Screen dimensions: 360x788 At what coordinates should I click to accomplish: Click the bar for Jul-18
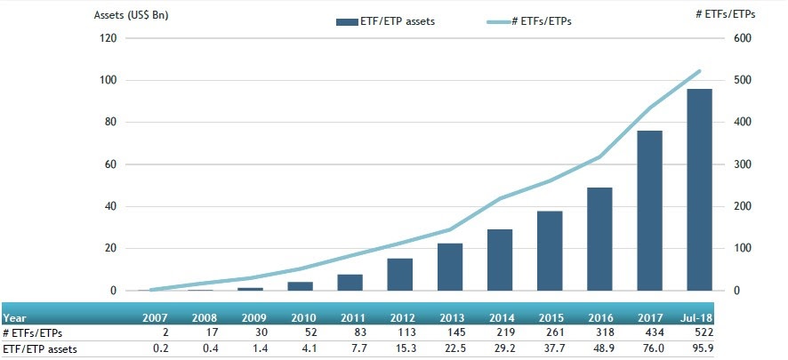click(x=699, y=190)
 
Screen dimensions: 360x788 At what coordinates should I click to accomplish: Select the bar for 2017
click(x=649, y=211)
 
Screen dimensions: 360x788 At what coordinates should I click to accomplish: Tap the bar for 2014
click(x=500, y=260)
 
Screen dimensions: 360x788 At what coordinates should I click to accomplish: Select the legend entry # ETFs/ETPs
click(x=531, y=21)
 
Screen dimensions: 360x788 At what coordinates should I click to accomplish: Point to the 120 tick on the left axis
click(x=109, y=38)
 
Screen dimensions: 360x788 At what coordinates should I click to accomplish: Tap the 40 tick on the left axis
click(x=112, y=207)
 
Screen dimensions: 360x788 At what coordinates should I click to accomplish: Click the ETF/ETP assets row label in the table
click(x=40, y=349)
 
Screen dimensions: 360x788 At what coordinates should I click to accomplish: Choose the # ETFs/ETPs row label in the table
click(x=35, y=333)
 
